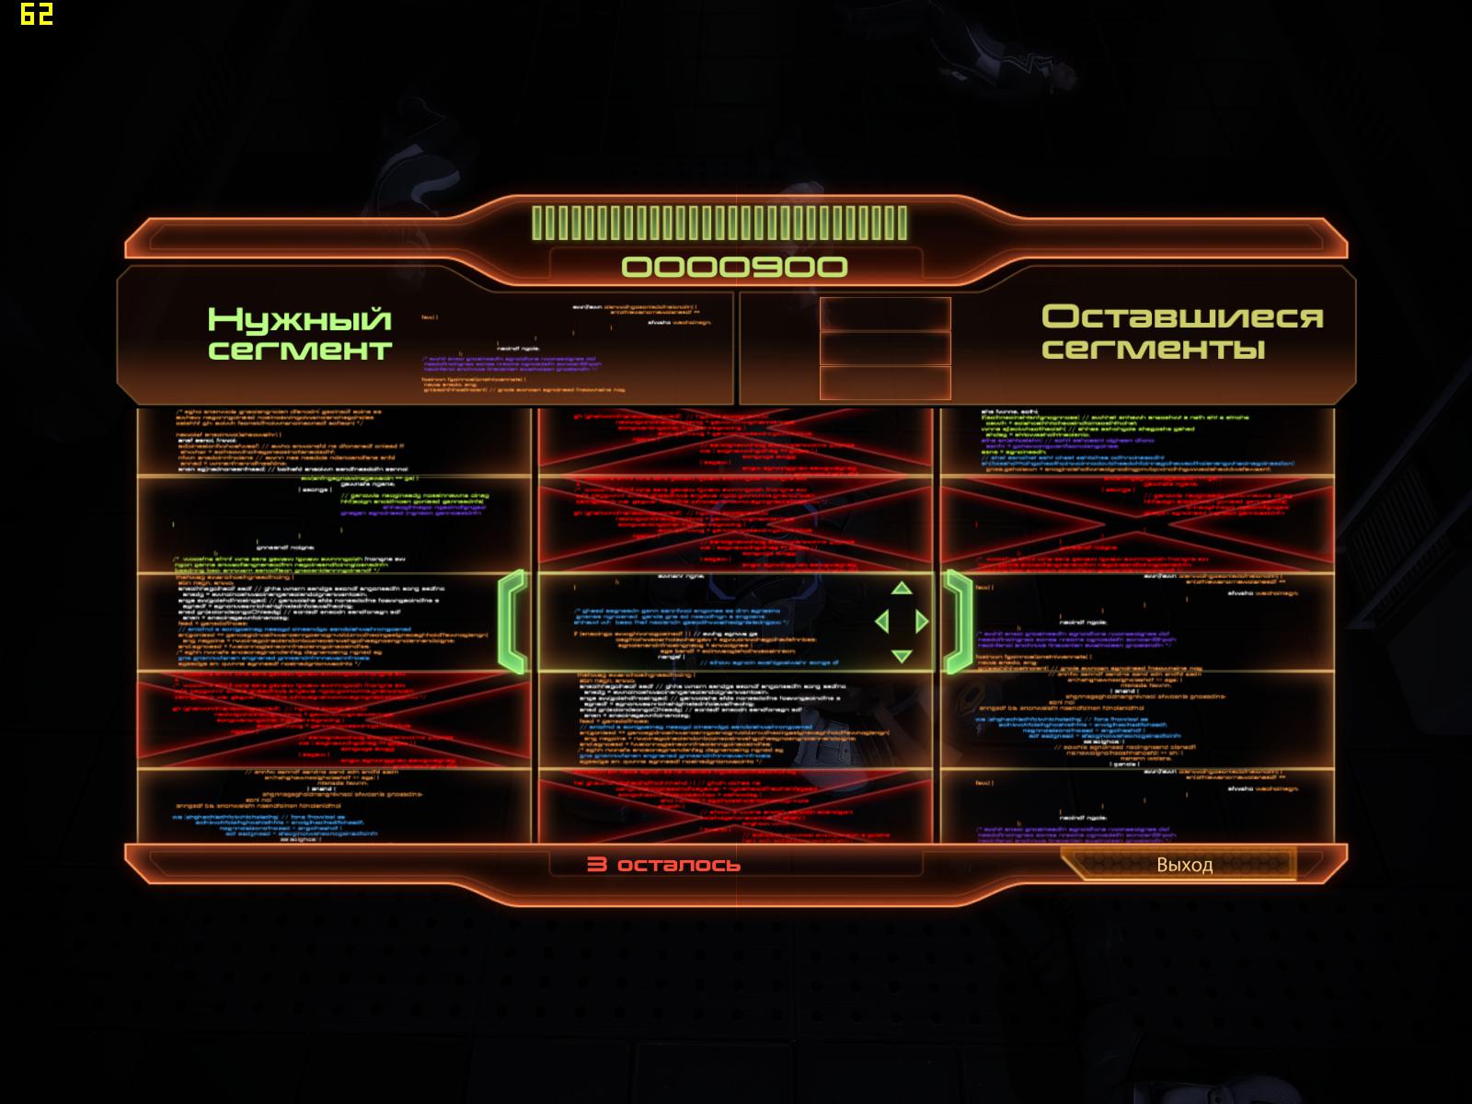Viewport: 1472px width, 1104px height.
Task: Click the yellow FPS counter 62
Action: (x=36, y=14)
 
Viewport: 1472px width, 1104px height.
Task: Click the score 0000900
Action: (x=734, y=267)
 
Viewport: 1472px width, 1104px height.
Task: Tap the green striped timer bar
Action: (x=719, y=224)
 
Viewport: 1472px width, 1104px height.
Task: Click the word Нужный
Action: (x=299, y=319)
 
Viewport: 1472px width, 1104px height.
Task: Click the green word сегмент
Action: (x=300, y=351)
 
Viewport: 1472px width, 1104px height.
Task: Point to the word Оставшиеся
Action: (x=1181, y=316)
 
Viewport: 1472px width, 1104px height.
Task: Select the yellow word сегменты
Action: (x=1153, y=349)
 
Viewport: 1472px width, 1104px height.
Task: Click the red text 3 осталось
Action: (x=663, y=865)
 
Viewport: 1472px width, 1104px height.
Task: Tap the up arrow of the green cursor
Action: (x=902, y=588)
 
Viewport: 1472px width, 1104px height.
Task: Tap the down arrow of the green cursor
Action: (x=902, y=656)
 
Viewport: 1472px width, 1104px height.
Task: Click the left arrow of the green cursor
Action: (x=881, y=622)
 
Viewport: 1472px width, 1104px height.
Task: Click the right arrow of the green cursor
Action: (x=922, y=622)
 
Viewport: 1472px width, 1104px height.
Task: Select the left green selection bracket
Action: (x=513, y=622)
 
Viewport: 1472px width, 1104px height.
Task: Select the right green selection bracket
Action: (x=960, y=622)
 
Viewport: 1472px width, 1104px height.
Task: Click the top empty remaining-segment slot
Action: (x=885, y=314)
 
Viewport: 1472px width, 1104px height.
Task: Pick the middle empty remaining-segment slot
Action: (x=885, y=349)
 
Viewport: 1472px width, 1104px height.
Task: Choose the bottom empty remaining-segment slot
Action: (x=885, y=383)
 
